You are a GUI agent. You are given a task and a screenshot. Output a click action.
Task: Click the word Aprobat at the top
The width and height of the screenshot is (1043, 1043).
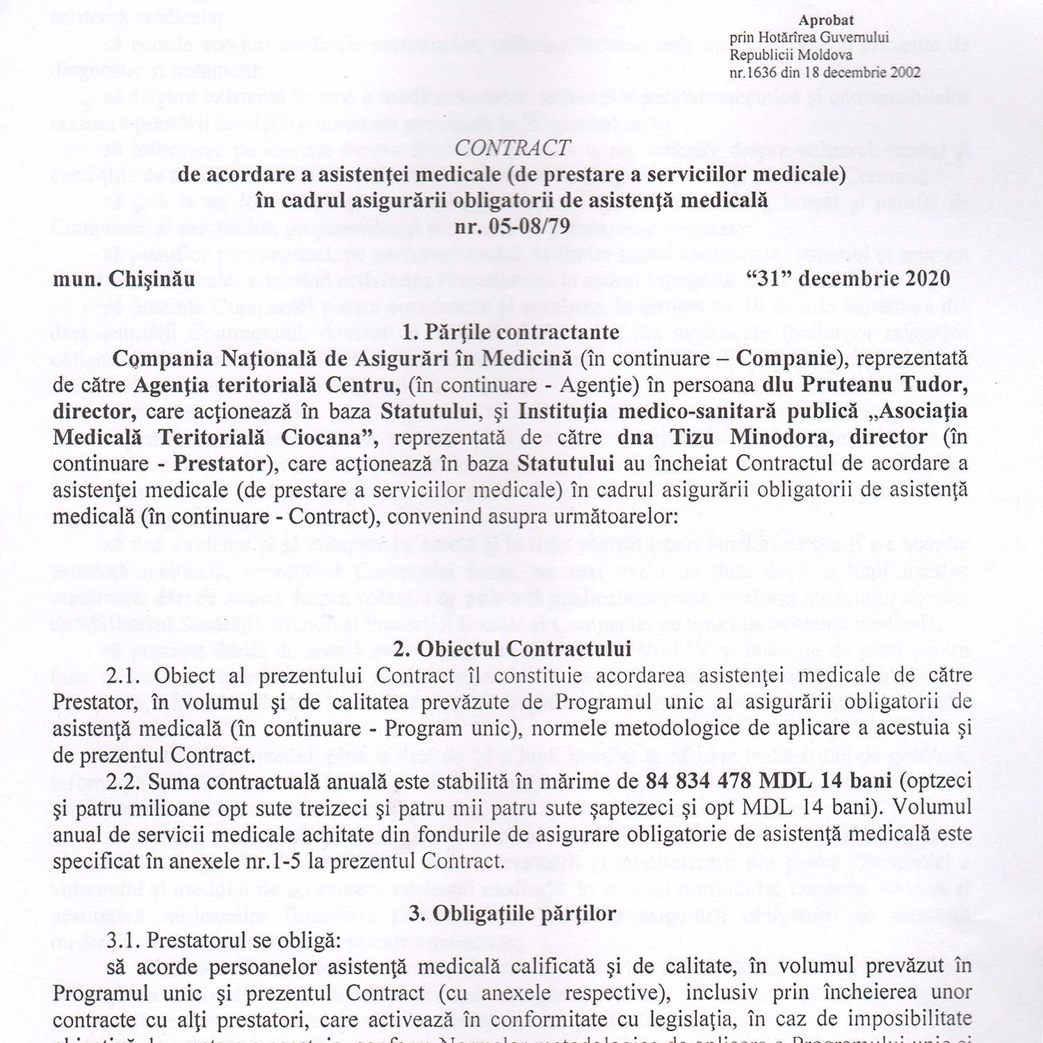click(826, 21)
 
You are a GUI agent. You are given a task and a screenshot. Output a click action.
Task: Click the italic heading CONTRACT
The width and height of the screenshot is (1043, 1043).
click(513, 147)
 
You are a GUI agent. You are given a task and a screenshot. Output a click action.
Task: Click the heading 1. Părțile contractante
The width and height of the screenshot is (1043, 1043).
click(510, 332)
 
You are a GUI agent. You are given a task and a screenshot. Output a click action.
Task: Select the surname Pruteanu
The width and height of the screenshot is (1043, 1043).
click(846, 384)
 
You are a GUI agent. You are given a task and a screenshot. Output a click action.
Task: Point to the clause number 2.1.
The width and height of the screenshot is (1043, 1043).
click(125, 676)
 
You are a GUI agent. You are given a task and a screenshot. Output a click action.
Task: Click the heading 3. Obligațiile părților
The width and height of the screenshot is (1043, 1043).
click(512, 913)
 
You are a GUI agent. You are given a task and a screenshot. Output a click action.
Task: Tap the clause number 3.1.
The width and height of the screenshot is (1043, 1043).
click(125, 940)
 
